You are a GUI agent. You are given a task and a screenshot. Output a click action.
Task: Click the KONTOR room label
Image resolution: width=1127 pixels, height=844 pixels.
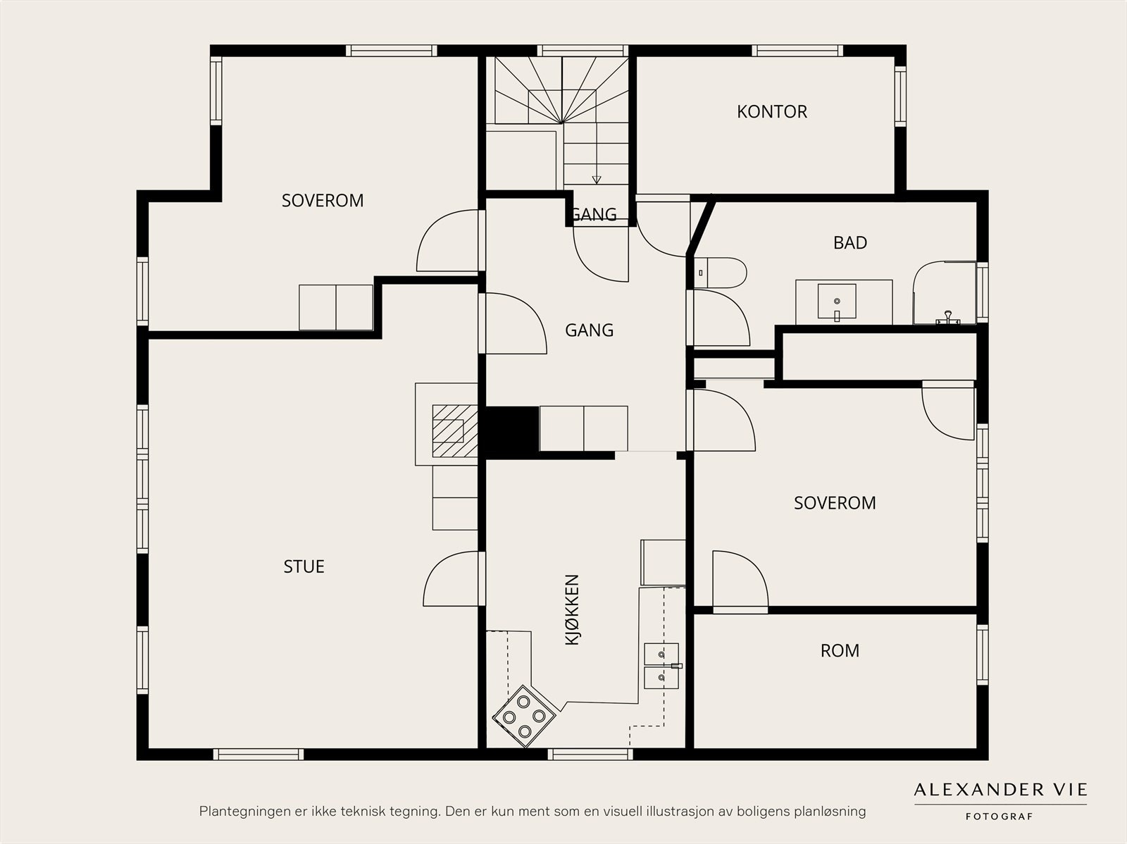[772, 111]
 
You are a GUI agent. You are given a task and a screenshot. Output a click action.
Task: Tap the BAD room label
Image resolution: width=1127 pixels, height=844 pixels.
[849, 242]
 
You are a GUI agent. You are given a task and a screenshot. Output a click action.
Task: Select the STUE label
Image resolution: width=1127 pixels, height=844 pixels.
[304, 566]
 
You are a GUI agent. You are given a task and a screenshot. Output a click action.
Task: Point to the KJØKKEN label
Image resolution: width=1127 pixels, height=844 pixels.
[572, 609]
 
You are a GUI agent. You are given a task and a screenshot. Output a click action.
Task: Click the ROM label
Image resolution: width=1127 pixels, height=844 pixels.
[840, 650]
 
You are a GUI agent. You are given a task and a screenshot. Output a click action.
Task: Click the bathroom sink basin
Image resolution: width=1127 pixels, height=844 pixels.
[836, 302]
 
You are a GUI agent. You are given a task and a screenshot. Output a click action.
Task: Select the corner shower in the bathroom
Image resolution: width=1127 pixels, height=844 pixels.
[944, 293]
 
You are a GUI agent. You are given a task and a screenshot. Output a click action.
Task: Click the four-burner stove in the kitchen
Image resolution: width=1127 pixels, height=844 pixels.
[524, 716]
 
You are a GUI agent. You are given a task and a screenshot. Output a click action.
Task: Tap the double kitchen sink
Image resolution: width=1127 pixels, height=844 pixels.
[661, 666]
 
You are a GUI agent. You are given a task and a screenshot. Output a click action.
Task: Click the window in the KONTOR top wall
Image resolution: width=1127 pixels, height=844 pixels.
[797, 50]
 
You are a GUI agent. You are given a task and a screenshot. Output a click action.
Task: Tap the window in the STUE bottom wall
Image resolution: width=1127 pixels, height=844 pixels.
[259, 754]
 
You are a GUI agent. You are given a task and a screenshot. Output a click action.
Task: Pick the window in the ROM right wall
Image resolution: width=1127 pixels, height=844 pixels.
[982, 654]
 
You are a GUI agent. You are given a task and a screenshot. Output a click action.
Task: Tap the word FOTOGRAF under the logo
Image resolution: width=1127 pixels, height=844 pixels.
[999, 817]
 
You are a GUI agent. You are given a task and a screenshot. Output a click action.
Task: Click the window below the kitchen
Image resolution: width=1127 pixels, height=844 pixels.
[590, 754]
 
